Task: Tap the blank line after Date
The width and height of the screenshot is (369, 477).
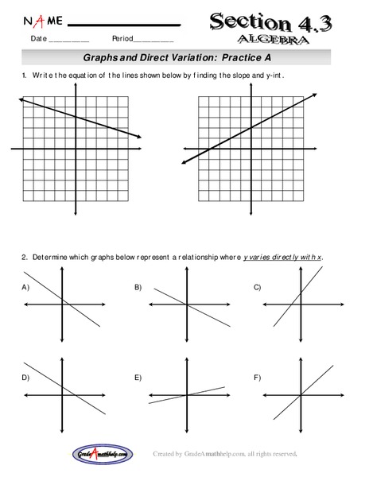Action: click(x=69, y=40)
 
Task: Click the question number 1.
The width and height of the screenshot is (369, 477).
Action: click(x=25, y=75)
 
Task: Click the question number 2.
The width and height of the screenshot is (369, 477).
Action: click(x=25, y=258)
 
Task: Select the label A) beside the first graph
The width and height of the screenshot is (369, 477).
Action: click(x=25, y=286)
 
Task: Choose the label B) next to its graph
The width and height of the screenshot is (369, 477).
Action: click(x=138, y=286)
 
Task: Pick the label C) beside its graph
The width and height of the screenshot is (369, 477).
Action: click(x=257, y=286)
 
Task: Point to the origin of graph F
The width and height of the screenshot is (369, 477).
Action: click(x=301, y=395)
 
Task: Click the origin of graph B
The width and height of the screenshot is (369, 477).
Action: click(x=188, y=305)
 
